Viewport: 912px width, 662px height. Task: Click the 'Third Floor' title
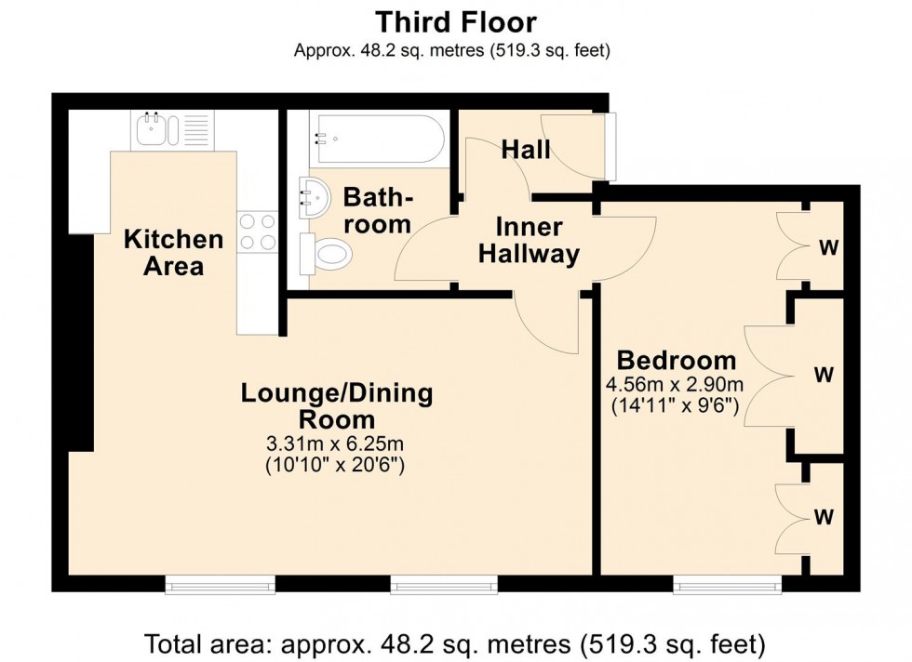pyautogui.click(x=455, y=20)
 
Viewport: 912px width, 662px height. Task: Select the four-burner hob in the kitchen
pyautogui.click(x=258, y=232)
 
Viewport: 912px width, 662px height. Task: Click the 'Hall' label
pyautogui.click(x=526, y=149)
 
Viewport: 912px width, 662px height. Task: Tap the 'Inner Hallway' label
pyautogui.click(x=529, y=240)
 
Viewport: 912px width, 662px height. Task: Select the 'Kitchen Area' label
pyautogui.click(x=174, y=252)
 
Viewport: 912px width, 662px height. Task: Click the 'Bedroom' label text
pyautogui.click(x=677, y=360)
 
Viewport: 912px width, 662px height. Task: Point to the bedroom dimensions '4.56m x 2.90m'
pyautogui.click(x=675, y=384)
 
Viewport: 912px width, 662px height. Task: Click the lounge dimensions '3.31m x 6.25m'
pyautogui.click(x=336, y=443)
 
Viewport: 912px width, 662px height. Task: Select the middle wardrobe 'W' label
pyautogui.click(x=824, y=375)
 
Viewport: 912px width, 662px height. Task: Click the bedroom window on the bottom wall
pyautogui.click(x=728, y=584)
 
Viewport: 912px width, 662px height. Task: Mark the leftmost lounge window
pyautogui.click(x=221, y=584)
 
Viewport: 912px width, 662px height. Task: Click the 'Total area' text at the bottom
pyautogui.click(x=455, y=642)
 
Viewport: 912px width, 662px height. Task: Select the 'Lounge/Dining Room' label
pyautogui.click(x=336, y=405)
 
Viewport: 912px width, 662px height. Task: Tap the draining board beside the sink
pyautogui.click(x=196, y=129)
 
